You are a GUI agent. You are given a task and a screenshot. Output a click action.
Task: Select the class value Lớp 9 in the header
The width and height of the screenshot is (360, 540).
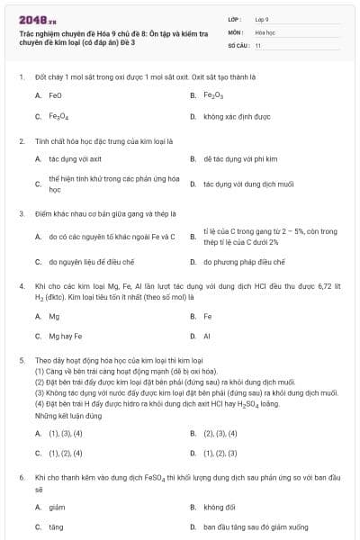point(262,19)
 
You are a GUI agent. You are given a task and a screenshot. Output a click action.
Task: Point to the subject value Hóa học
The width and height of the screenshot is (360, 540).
point(265,31)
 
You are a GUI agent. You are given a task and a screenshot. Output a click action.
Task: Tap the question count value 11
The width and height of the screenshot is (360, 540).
point(258,44)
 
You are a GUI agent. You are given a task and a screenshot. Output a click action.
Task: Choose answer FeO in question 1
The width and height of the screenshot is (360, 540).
point(55,94)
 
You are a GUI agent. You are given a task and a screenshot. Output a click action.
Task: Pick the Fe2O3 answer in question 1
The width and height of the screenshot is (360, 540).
point(212,94)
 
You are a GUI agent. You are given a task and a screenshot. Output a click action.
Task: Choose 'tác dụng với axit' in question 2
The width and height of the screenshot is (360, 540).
point(69,158)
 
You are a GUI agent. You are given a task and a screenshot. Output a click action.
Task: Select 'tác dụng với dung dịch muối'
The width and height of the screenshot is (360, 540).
point(243,184)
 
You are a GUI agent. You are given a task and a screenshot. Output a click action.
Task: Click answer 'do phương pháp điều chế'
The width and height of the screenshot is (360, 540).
point(244,262)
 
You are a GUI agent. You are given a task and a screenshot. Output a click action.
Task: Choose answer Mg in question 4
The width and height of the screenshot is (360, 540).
point(54,317)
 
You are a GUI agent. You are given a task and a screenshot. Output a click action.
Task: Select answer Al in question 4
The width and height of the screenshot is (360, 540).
point(207,337)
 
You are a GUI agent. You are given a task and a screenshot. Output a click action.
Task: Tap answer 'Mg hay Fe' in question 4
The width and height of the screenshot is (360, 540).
point(66,337)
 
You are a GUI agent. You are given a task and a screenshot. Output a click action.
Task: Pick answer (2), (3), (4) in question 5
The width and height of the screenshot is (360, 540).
point(220,433)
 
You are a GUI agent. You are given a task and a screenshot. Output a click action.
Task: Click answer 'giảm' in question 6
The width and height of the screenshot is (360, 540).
point(57,507)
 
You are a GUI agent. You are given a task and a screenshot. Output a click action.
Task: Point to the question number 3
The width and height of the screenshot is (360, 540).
point(21,214)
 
